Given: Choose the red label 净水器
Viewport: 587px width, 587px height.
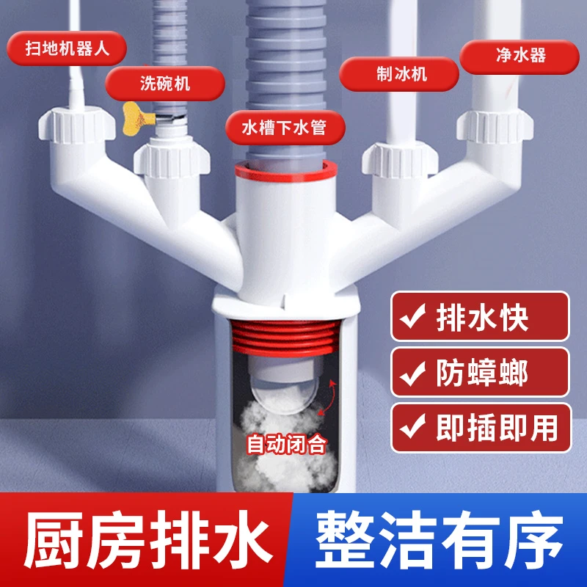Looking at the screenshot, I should point(519,54).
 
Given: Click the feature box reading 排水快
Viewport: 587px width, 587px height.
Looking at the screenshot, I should point(480,317).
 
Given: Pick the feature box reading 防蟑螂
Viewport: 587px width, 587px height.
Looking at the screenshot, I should point(480,373).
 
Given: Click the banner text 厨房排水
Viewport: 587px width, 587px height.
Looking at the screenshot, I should point(143,542).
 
